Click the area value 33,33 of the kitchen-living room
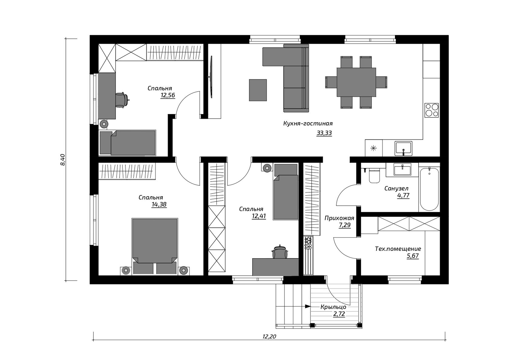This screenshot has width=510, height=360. [324, 133]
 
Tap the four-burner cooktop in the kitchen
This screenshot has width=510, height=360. [431, 110]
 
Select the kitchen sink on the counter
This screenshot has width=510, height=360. [403, 148]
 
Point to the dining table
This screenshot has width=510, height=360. [356, 82]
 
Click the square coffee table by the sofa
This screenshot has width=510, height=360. [258, 90]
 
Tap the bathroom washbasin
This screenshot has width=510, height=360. [403, 170]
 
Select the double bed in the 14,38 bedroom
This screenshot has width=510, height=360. [155, 246]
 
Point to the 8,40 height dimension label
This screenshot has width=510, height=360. [63, 160]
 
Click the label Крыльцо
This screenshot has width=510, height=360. [333, 307]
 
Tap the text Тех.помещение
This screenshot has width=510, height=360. [398, 249]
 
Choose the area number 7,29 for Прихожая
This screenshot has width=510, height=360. [345, 225]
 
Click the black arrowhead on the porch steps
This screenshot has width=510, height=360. [308, 306]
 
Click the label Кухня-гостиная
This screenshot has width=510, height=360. [308, 123]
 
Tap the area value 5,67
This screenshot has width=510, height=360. [413, 256]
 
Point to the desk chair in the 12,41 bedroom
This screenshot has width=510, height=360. [280, 251]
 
